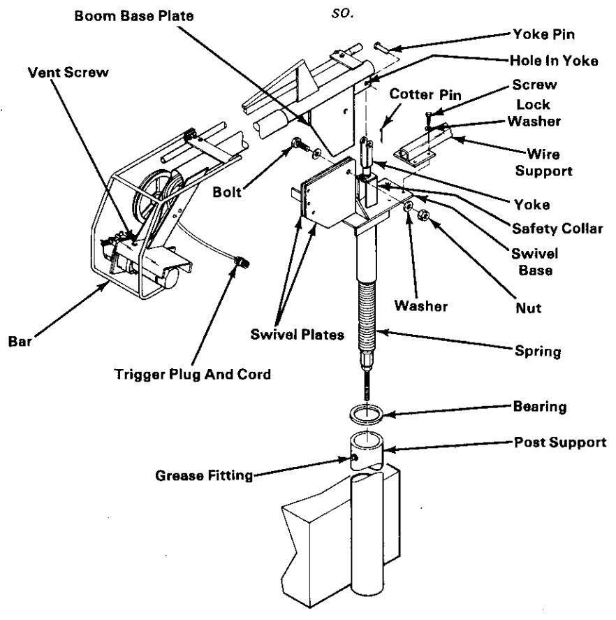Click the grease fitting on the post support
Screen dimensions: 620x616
pos(356,458)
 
